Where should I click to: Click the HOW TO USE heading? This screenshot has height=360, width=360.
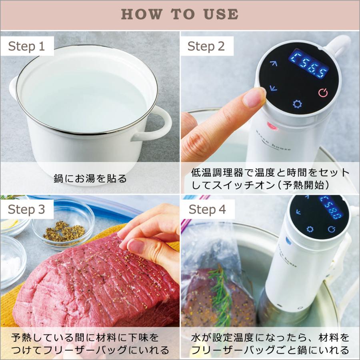click(x=180, y=14)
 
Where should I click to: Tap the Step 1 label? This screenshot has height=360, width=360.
click(x=26, y=46)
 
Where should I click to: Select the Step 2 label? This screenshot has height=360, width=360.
click(x=206, y=46)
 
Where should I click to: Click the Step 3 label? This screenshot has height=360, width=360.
click(x=26, y=209)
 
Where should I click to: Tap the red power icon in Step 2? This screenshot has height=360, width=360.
click(x=323, y=93)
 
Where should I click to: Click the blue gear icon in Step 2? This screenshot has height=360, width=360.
click(x=297, y=104)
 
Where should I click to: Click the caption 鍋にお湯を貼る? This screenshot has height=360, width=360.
click(x=90, y=178)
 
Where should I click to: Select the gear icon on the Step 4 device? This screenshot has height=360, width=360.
click(x=310, y=229)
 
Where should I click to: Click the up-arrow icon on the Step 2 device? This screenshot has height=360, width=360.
click(x=274, y=63)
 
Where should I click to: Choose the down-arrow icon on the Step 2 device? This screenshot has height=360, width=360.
click(x=273, y=88)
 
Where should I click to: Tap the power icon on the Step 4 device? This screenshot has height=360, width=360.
click(x=331, y=229)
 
